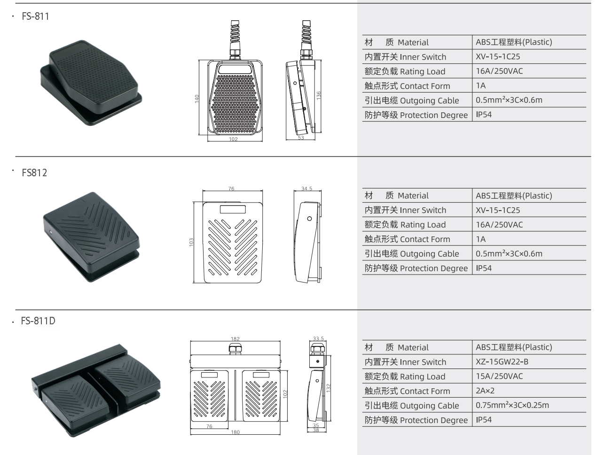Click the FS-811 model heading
35,16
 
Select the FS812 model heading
34,173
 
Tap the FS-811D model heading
38,321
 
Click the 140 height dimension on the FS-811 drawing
197,99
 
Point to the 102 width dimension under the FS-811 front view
233,139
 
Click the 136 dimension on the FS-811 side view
319,95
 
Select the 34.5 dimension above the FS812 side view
307,188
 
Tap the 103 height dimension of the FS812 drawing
191,242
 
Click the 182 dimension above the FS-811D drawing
235,338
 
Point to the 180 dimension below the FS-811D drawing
235,432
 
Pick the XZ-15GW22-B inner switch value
502,361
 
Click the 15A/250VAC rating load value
499,376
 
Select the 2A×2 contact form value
485,391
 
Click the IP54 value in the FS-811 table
484,115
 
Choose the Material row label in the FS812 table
397,196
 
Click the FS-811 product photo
91,83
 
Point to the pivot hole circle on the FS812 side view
310,219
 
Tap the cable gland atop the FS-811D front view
235,349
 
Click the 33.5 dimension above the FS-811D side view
318,338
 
